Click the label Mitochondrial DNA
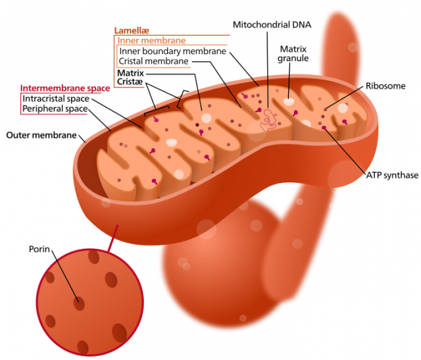(x=272, y=25)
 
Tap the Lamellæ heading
(x=132, y=31)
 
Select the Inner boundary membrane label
(x=172, y=51)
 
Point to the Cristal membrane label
(x=153, y=61)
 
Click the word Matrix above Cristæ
(x=130, y=73)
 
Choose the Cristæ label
(x=130, y=82)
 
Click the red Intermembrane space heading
(x=65, y=88)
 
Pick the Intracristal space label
(x=56, y=99)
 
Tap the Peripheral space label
(x=55, y=109)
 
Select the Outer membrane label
(x=41, y=135)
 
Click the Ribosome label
(x=385, y=86)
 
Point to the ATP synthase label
(x=392, y=175)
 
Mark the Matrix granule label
(x=293, y=54)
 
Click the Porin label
(x=39, y=249)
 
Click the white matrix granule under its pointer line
(x=289, y=102)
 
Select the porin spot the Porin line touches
(x=79, y=303)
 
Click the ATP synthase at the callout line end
(x=324, y=128)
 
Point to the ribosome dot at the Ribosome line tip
(x=326, y=110)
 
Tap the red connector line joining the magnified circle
(x=112, y=238)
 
